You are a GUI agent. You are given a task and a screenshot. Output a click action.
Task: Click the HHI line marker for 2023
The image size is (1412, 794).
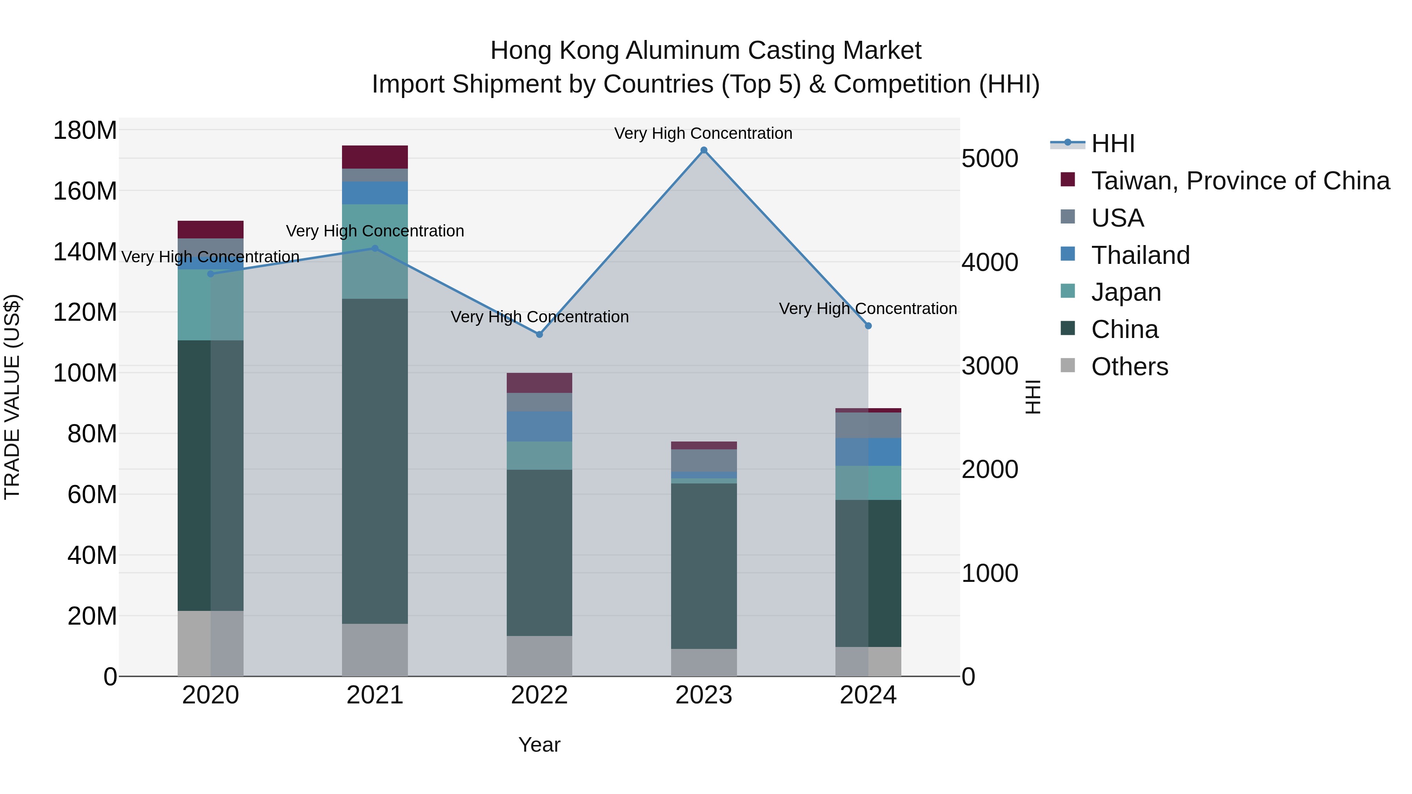click(704, 150)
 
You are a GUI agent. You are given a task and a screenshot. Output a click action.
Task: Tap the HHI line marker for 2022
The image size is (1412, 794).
click(539, 334)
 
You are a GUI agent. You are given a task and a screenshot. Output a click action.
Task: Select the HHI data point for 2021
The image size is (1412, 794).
click(375, 248)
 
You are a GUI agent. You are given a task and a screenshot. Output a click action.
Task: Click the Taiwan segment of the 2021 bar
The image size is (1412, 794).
click(375, 157)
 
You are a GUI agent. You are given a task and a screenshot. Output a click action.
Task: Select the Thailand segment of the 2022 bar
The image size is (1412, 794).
click(539, 426)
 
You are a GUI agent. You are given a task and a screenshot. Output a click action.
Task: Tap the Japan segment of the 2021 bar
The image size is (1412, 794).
click(375, 251)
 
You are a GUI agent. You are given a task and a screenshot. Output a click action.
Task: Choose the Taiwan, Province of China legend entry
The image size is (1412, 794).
click(1240, 181)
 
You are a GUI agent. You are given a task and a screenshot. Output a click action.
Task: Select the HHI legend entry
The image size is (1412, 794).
click(1112, 144)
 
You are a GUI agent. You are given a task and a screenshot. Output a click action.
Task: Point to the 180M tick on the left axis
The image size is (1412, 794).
click(85, 131)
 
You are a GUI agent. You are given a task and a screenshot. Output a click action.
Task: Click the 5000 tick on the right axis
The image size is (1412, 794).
click(990, 158)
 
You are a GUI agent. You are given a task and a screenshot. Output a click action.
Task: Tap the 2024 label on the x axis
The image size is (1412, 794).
click(868, 695)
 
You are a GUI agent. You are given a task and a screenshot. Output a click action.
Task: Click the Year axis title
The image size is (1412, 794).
click(539, 745)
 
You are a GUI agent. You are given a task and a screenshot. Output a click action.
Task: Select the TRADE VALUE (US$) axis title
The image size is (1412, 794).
click(12, 397)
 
